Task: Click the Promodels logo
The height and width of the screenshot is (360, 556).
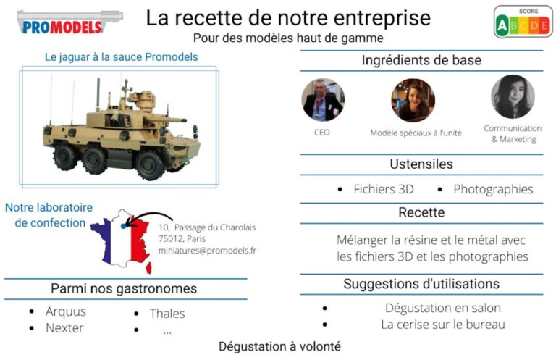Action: (69, 22)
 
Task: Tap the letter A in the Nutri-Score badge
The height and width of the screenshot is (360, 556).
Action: (502, 26)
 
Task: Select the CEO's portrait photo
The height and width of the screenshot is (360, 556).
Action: (323, 99)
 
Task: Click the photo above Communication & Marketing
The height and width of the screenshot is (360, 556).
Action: (513, 97)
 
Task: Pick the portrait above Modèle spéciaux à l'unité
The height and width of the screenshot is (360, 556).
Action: (413, 99)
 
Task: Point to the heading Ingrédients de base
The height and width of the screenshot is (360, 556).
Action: (421, 61)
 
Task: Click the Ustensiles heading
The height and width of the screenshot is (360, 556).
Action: (421, 164)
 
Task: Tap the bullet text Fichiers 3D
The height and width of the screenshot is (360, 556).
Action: (383, 190)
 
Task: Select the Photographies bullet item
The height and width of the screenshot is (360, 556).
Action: (493, 190)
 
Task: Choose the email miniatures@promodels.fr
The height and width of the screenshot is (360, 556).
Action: (207, 251)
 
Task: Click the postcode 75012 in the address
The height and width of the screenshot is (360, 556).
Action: (171, 239)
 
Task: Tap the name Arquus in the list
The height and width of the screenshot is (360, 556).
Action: (66, 311)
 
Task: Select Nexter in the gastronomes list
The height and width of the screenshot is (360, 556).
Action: (64, 328)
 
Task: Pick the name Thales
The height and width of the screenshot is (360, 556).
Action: (167, 314)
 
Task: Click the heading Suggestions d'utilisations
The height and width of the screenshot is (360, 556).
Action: (421, 283)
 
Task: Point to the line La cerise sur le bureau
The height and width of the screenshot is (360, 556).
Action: (443, 325)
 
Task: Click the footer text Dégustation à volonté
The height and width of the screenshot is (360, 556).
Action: (279, 346)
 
